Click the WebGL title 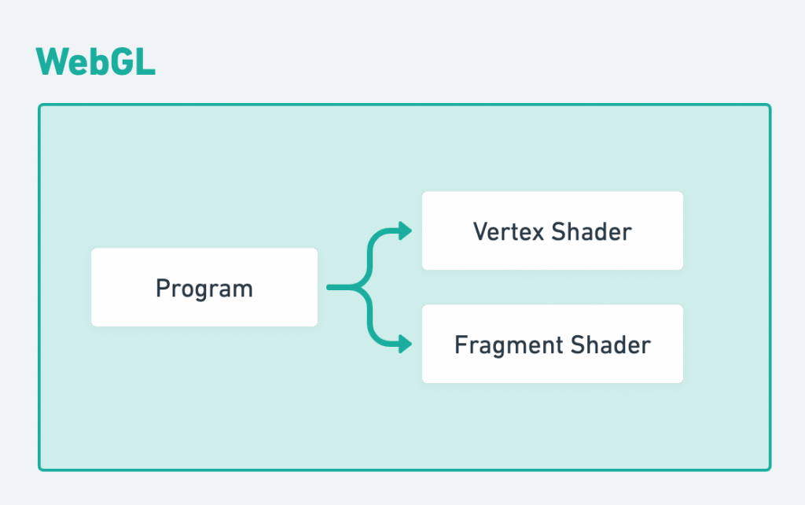coord(95,61)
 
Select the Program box coord(204,287)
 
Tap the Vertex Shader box coord(552,231)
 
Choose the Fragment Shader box coord(552,345)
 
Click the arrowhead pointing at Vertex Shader coord(406,230)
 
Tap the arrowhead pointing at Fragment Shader coord(406,344)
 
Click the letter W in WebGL coord(51,61)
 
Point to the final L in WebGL coord(146,61)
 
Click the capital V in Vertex coord(480,232)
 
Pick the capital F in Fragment coord(461,345)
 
